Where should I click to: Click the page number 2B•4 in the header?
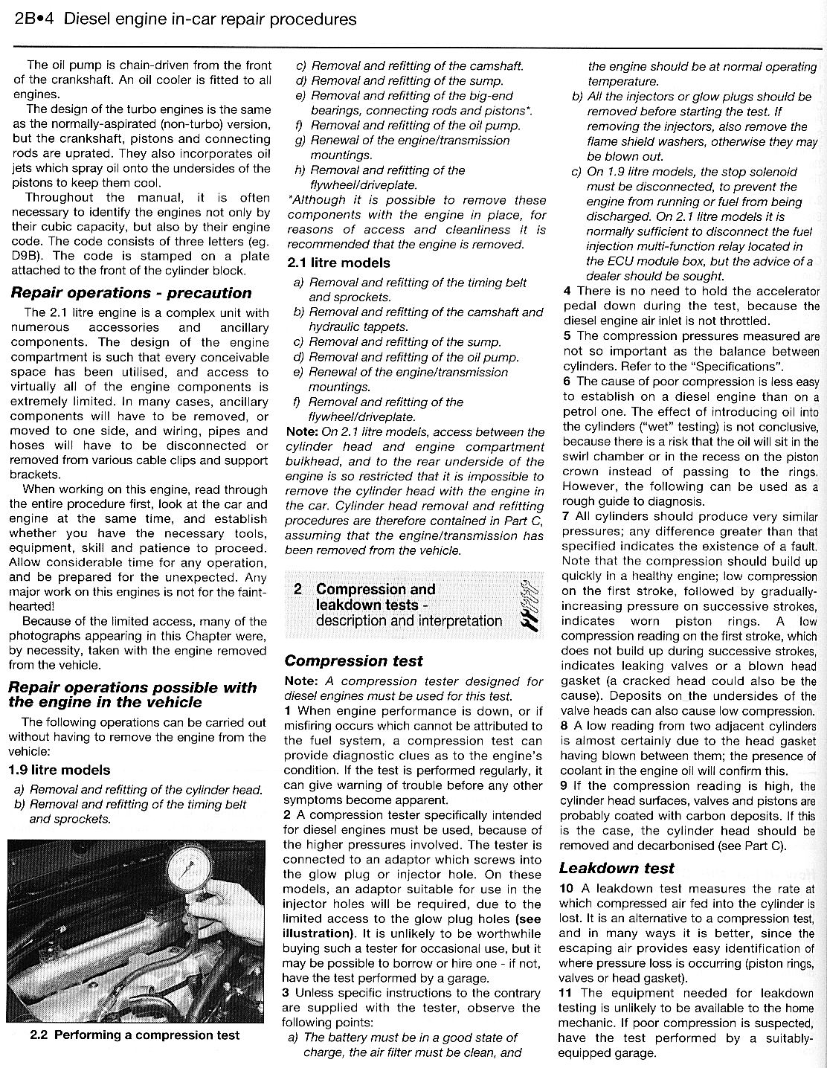[x=34, y=19]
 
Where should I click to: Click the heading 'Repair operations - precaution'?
[x=131, y=292]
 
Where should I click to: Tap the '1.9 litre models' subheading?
[x=59, y=770]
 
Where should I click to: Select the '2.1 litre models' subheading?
[x=338, y=263]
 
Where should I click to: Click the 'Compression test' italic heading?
[x=353, y=660]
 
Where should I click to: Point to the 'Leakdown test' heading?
[x=617, y=867]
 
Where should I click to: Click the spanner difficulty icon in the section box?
[x=530, y=605]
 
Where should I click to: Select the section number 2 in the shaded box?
[x=297, y=589]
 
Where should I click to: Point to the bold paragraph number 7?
[x=566, y=516]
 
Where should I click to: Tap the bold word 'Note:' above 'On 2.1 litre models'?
[x=302, y=431]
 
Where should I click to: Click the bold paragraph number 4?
[x=567, y=291]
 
